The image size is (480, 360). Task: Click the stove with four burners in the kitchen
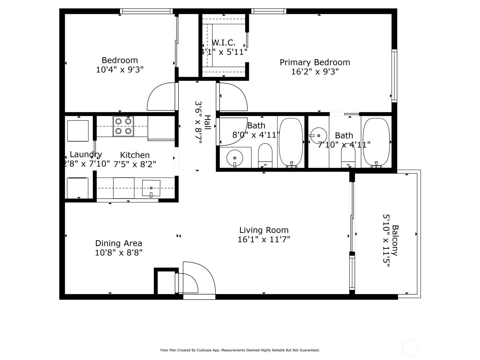click(x=123, y=126)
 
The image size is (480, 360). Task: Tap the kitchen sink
click(x=151, y=188)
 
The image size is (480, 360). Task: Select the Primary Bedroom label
click(x=315, y=62)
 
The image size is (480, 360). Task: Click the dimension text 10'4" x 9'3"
click(x=120, y=70)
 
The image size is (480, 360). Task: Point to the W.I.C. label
click(x=224, y=42)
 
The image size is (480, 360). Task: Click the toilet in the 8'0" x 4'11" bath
click(x=265, y=155)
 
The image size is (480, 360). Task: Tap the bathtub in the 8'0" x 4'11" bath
click(x=291, y=142)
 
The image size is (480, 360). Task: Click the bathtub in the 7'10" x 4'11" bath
click(x=376, y=142)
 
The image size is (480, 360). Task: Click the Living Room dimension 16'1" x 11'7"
click(x=264, y=239)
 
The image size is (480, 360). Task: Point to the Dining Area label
click(x=118, y=243)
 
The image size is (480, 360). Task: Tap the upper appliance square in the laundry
click(x=78, y=131)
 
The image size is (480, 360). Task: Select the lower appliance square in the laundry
click(x=78, y=188)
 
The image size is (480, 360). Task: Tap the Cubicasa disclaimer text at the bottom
click(x=240, y=350)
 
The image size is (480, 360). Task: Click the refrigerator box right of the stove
click(x=161, y=128)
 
